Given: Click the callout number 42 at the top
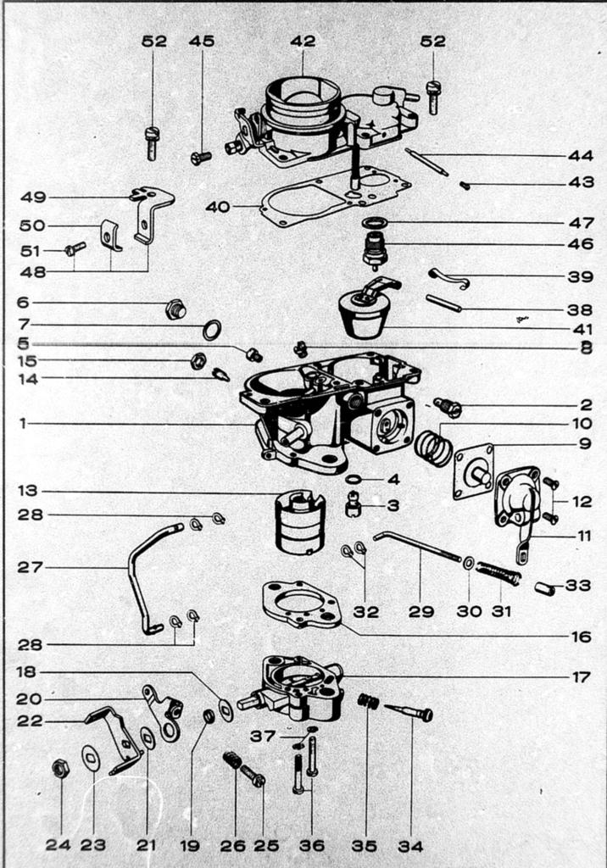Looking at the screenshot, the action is click(303, 41).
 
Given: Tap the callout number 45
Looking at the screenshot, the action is click(202, 41).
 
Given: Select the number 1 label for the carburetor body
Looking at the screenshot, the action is click(23, 424).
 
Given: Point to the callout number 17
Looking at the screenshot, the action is click(581, 677).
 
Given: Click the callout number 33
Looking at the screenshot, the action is click(578, 585).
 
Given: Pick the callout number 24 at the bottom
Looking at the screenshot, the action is click(58, 845).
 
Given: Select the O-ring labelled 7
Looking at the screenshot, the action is click(212, 330).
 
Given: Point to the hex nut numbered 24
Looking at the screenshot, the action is click(59, 768).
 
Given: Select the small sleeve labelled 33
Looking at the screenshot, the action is click(544, 588).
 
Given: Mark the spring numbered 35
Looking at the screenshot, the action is click(368, 702).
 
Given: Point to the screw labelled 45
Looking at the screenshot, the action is click(201, 158).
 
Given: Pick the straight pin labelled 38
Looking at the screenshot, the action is click(443, 304).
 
